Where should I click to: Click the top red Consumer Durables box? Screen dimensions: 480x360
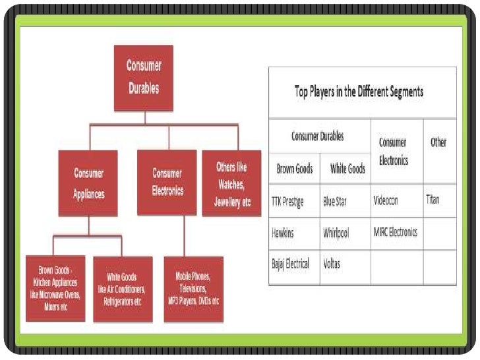pyautogui.click(x=144, y=76)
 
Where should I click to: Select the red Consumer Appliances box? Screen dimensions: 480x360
pyautogui.click(x=88, y=183)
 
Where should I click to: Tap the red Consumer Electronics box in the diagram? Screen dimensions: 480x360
pyautogui.click(x=167, y=182)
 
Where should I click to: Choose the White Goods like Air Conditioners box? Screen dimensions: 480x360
pyautogui.click(x=123, y=288)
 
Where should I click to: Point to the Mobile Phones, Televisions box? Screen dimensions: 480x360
pyautogui.click(x=193, y=288)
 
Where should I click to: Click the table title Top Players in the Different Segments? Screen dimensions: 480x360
pyautogui.click(x=358, y=91)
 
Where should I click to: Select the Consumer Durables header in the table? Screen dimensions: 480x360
pyautogui.click(x=318, y=136)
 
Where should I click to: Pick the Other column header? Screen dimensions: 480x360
pyautogui.click(x=438, y=142)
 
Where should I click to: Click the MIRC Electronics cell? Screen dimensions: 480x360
pyautogui.click(x=394, y=232)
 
